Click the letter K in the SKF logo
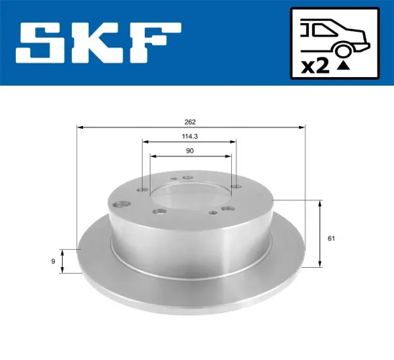pyautogui.click(x=101, y=42)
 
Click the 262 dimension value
pyautogui.click(x=190, y=122)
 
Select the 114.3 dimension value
pyautogui.click(x=190, y=137)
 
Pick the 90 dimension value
pyautogui.click(x=190, y=150)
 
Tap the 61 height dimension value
pyautogui.click(x=330, y=238)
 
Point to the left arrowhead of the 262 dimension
pyautogui.click(x=79, y=127)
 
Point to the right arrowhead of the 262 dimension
pyautogui.click(x=303, y=127)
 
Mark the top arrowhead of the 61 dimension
pyautogui.click(x=318, y=202)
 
